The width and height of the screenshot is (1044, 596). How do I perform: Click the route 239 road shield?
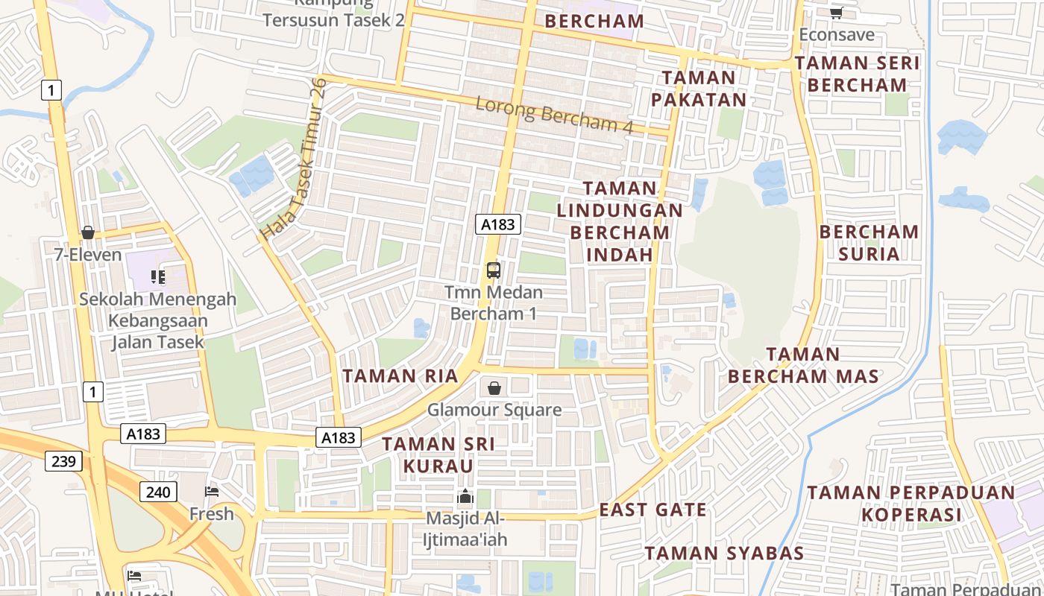tap(63, 461)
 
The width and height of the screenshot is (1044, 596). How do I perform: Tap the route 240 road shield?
tap(158, 492)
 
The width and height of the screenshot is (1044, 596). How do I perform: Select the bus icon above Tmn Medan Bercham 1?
tap(493, 270)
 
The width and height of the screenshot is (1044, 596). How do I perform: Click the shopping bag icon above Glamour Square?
tap(494, 388)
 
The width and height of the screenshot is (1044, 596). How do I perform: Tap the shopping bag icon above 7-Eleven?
tap(88, 232)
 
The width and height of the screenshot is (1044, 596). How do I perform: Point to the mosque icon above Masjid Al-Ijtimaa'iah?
tap(465, 496)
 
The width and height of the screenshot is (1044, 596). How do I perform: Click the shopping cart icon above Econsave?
tap(837, 13)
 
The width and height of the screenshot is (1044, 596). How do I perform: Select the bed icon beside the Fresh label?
tap(212, 492)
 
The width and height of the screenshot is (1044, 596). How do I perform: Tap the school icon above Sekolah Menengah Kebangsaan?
tap(158, 277)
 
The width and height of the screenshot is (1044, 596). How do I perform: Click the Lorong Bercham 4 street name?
tap(554, 115)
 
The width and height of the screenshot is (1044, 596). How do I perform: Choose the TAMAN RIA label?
tap(400, 376)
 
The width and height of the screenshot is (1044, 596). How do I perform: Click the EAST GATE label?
tap(653, 510)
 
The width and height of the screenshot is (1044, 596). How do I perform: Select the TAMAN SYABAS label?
tap(724, 554)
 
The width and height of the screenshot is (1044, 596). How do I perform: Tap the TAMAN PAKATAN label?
tap(699, 89)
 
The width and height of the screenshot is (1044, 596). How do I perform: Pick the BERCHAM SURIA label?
tap(869, 243)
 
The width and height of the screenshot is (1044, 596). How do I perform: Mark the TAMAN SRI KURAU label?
tap(438, 455)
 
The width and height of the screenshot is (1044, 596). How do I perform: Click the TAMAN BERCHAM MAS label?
tap(803, 365)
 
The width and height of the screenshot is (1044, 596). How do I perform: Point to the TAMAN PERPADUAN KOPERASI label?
tap(911, 504)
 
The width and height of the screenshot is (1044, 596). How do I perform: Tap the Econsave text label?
tap(837, 35)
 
